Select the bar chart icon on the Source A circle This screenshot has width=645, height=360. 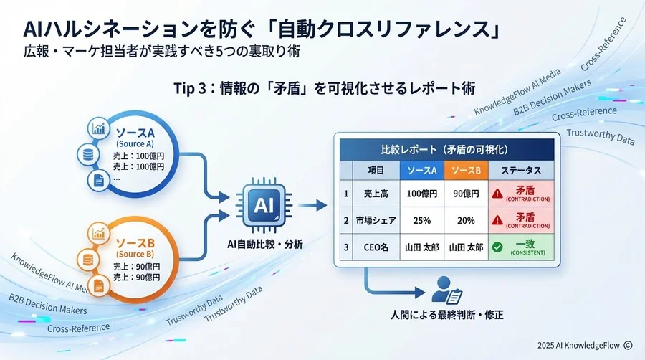[97, 128]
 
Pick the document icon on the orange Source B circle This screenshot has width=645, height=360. [98, 285]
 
